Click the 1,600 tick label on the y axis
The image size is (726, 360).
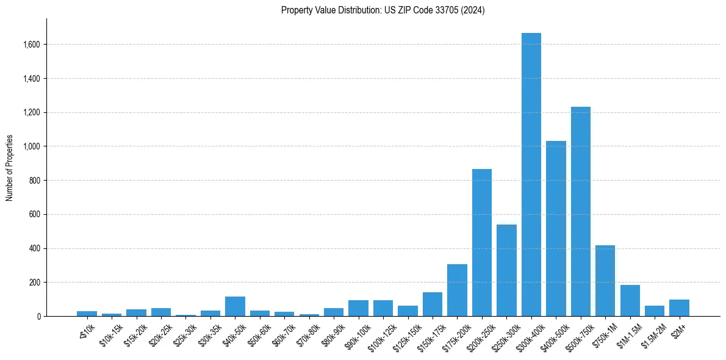[32, 45]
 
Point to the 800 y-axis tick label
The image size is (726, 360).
[35, 181]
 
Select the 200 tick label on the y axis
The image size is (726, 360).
[35, 283]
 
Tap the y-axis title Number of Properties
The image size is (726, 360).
[10, 168]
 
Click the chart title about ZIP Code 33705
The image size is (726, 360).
[383, 10]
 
